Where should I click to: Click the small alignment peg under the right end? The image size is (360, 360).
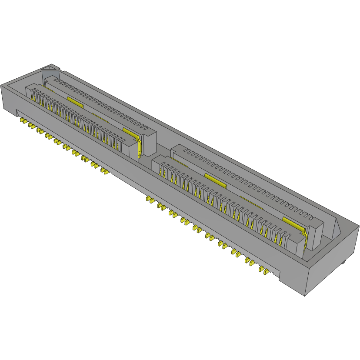coord(343,262)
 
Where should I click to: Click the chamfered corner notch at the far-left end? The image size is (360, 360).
coord(51,68)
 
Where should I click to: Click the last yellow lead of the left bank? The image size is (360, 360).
coord(105,171)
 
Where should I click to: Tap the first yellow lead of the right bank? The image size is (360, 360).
coord(149,199)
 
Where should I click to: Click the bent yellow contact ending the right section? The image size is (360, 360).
coord(306,237)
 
